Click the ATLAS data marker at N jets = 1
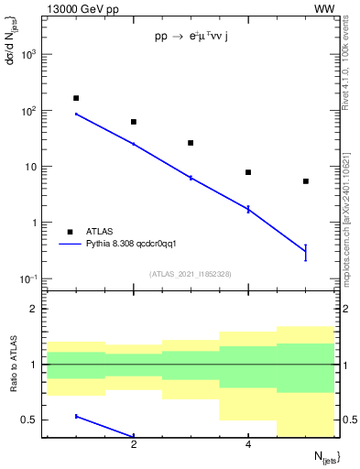[x=76, y=98]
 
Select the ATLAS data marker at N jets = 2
[x=134, y=122]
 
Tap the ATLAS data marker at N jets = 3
[x=191, y=143]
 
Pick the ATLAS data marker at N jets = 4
[x=248, y=172]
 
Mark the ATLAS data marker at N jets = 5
[x=305, y=181]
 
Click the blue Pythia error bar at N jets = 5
[x=305, y=253]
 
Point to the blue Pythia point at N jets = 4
[x=248, y=209]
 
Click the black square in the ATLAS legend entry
[x=71, y=232]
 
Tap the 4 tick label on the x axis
[x=248, y=445]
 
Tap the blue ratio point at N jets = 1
[x=76, y=417]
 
